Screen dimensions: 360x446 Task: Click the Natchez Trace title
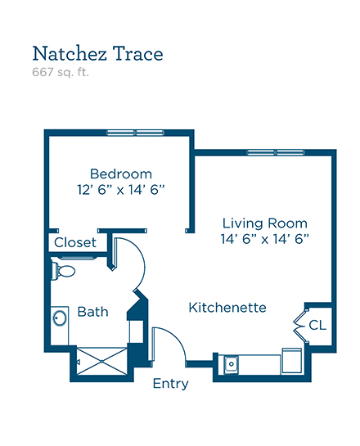point(98,53)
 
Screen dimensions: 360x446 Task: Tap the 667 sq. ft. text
point(61,72)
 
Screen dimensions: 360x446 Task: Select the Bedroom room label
point(121,173)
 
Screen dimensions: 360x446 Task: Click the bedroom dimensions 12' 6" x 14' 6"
point(121,189)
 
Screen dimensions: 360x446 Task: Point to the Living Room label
point(265,223)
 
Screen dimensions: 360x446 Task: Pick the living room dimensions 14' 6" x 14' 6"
point(265,239)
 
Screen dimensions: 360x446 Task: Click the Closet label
point(75,242)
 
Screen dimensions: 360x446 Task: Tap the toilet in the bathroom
point(63,271)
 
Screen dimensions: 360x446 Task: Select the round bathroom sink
point(60,318)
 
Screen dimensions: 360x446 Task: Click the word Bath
point(92,312)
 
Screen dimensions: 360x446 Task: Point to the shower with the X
point(101,361)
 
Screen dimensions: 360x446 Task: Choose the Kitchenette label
point(227,308)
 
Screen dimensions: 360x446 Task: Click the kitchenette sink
point(232,364)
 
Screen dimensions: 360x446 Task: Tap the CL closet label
point(317,325)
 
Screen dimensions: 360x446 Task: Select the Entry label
point(171,384)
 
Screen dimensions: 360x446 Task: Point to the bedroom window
point(136,133)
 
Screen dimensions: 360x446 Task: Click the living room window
point(275,152)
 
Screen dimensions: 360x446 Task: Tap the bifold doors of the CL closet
point(300,326)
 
